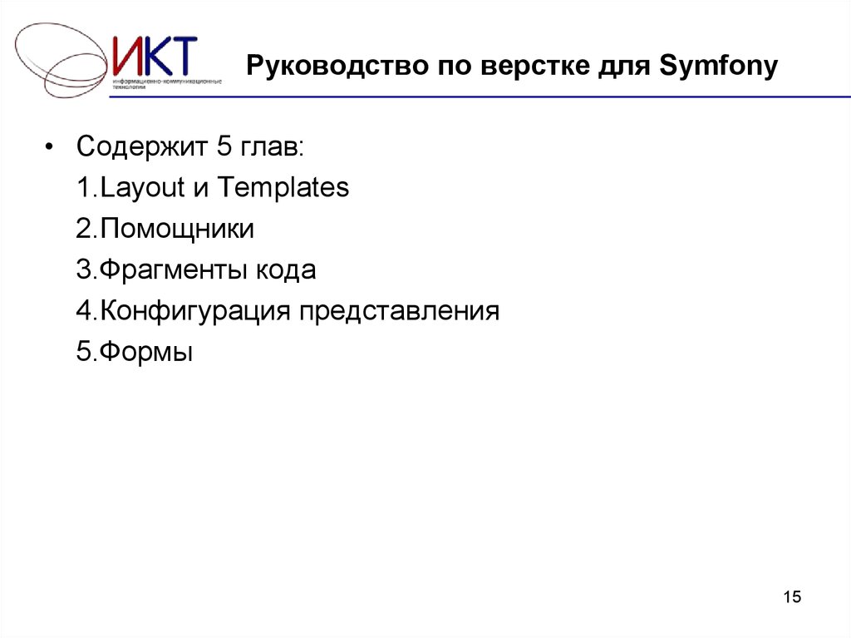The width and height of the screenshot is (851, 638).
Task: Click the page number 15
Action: click(792, 597)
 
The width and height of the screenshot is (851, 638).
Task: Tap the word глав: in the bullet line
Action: click(273, 148)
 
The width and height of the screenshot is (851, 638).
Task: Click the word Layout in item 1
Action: click(142, 189)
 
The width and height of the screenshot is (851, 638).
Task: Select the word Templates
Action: click(283, 188)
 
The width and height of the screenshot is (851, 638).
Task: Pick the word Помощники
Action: click(177, 230)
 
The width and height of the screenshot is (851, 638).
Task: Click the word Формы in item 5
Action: click(146, 353)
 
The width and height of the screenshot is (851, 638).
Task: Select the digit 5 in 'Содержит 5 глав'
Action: click(222, 147)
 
